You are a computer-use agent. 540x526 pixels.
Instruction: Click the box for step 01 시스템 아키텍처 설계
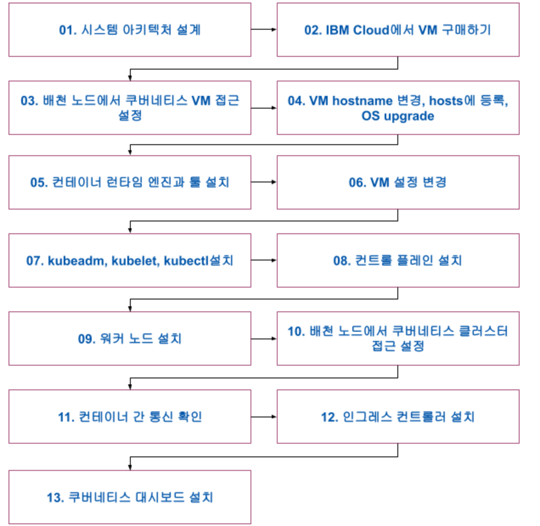pyautogui.click(x=129, y=30)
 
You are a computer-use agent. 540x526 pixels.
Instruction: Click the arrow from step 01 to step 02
pyautogui.click(x=264, y=29)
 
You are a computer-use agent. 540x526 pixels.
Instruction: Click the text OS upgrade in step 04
pyautogui.click(x=398, y=116)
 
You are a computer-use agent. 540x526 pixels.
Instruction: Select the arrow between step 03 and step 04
pyautogui.click(x=264, y=108)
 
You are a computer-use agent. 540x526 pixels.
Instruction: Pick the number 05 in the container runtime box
pyautogui.click(x=37, y=182)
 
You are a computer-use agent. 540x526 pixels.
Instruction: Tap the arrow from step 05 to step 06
pyautogui.click(x=264, y=182)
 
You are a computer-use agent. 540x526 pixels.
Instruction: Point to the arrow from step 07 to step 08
pyautogui.click(x=264, y=260)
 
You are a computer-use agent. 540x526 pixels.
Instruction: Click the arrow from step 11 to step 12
pyautogui.click(x=264, y=417)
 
